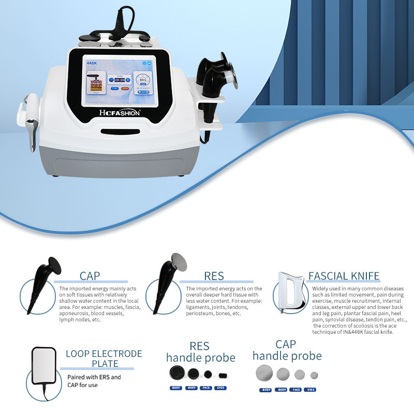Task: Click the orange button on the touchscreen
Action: [125, 88]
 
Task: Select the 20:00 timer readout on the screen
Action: [120, 80]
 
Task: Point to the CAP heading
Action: [90, 276]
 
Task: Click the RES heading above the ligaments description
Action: [214, 276]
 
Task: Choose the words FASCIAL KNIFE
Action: [344, 276]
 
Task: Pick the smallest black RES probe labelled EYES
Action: [223, 375]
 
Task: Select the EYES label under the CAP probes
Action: [310, 390]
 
